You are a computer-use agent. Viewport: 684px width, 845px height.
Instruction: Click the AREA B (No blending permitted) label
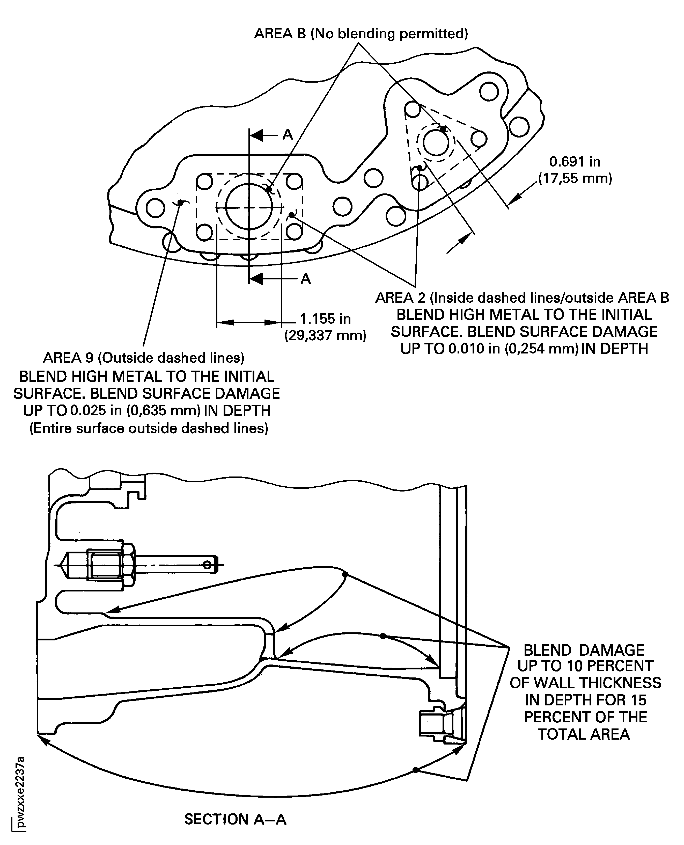click(x=361, y=33)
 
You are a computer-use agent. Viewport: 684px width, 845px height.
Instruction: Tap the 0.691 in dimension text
click(x=575, y=162)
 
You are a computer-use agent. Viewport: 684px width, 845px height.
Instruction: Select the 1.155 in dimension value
click(x=326, y=319)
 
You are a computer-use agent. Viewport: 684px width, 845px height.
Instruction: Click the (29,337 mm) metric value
click(x=326, y=336)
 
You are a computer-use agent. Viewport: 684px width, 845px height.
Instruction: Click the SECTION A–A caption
click(x=235, y=819)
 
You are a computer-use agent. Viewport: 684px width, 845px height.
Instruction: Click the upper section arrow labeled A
click(x=272, y=135)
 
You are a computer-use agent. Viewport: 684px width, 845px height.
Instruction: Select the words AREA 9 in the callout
click(x=68, y=358)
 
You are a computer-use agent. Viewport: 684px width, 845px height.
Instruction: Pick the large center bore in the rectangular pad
click(x=249, y=206)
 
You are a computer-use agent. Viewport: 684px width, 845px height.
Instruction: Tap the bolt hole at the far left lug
click(x=155, y=208)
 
